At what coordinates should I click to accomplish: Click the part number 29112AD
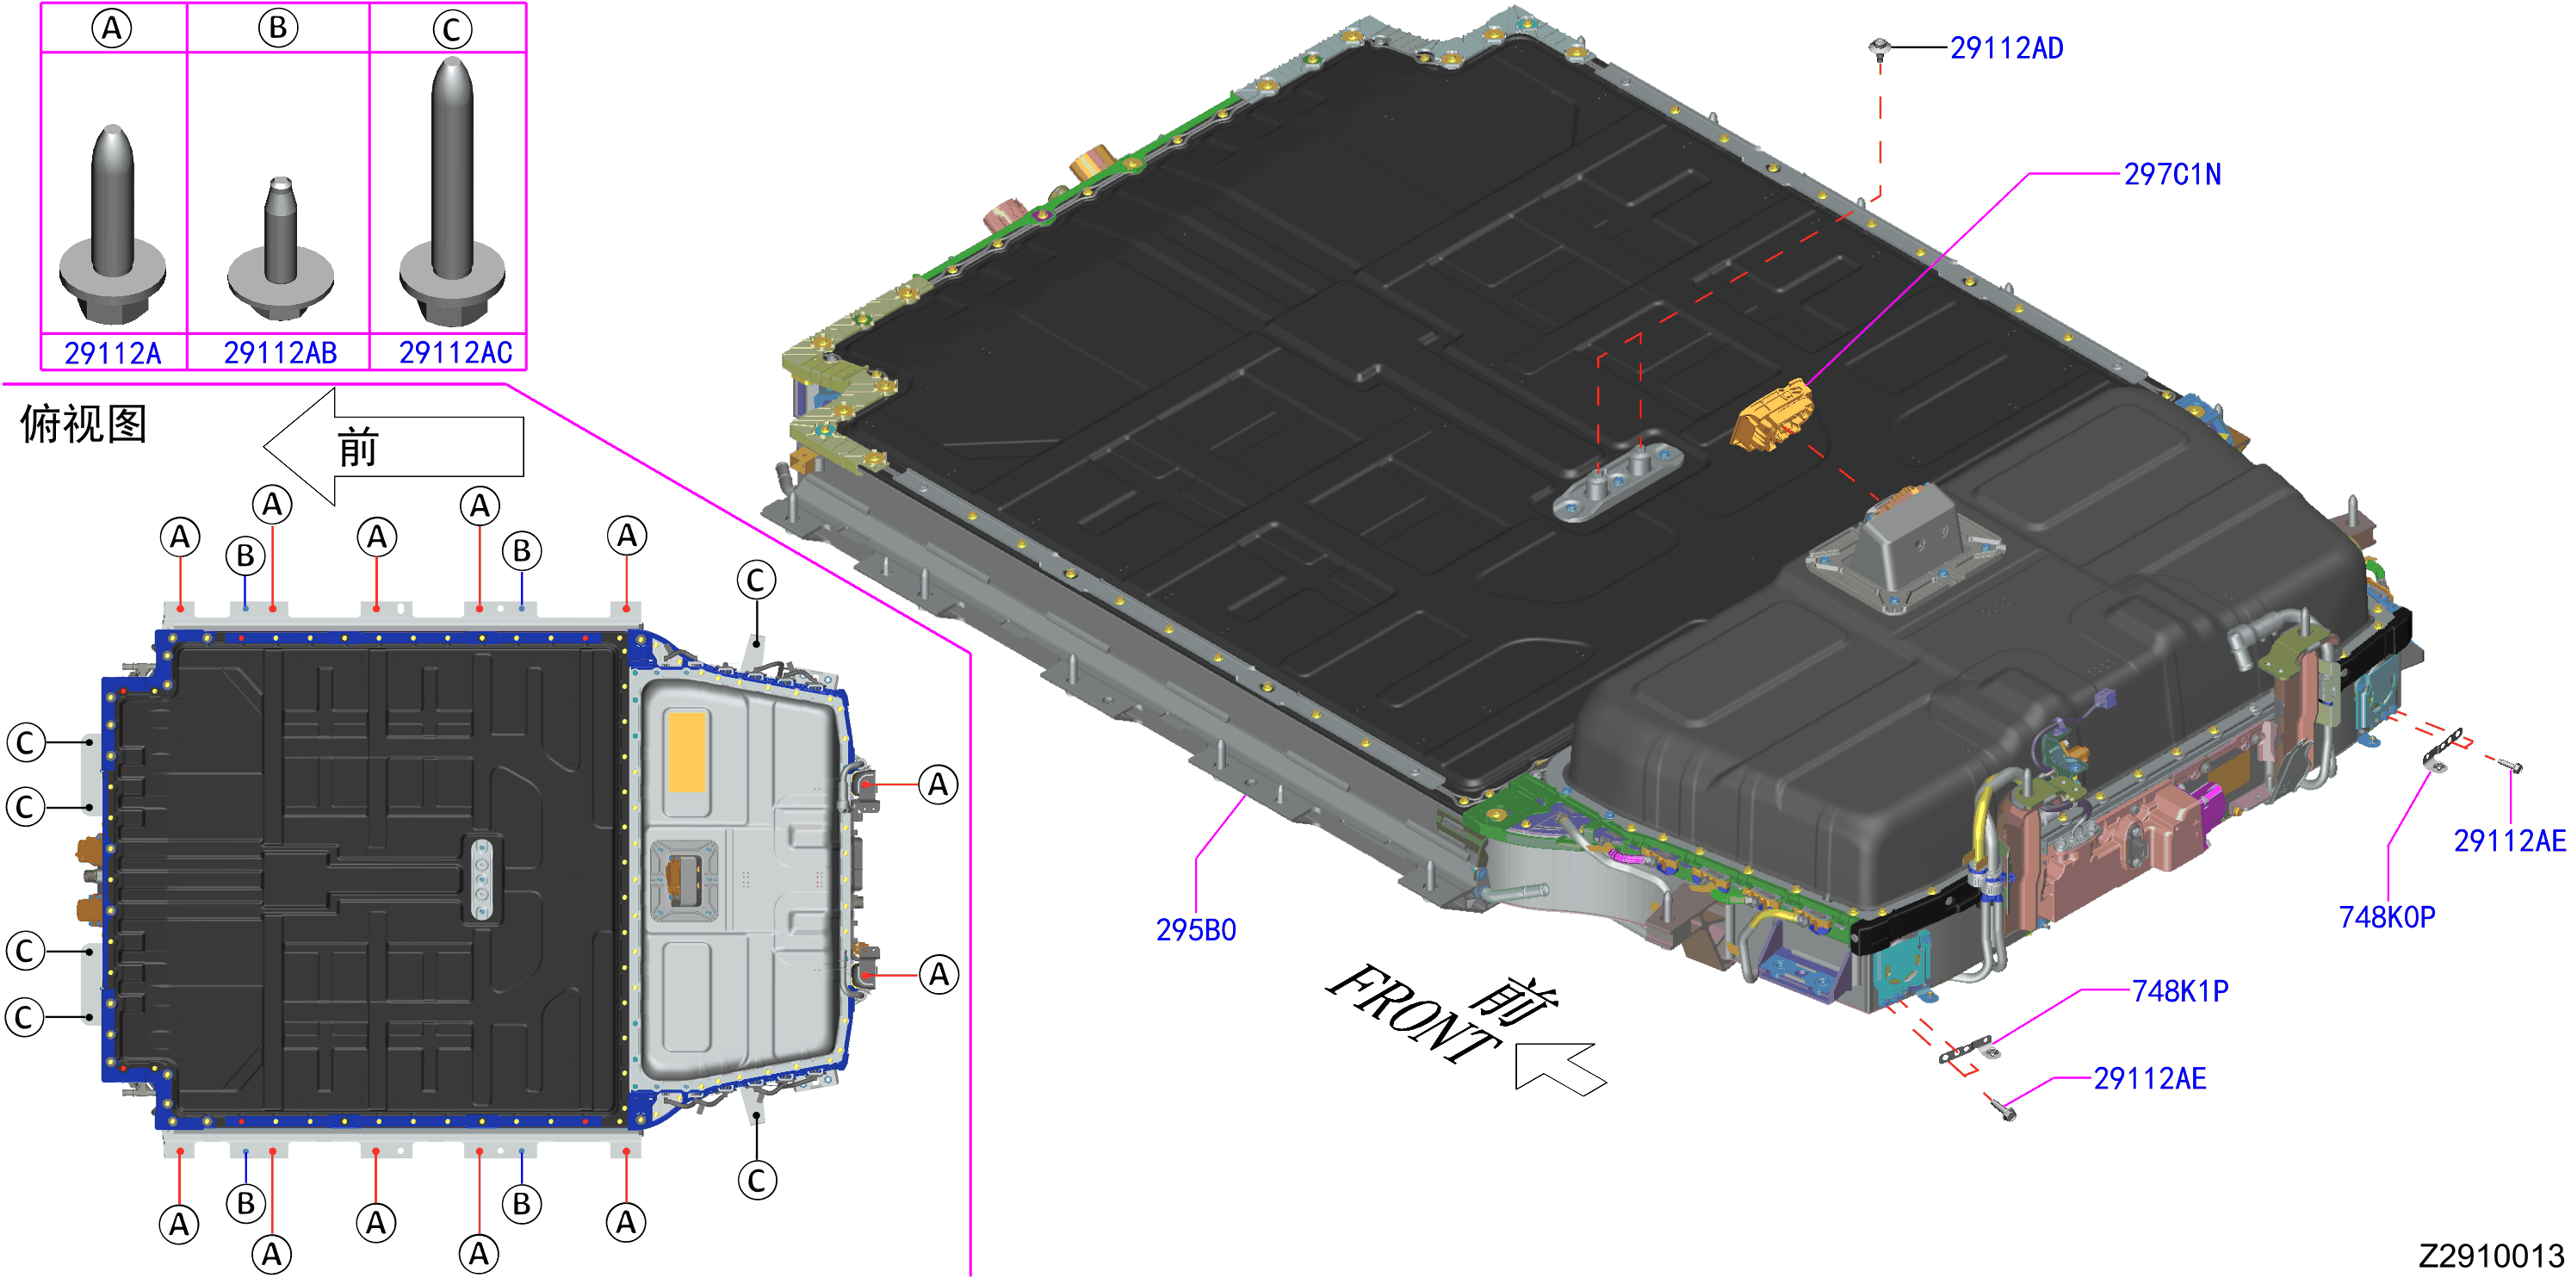(2006, 48)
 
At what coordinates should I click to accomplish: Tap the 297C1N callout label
(2171, 175)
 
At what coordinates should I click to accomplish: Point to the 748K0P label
(2387, 916)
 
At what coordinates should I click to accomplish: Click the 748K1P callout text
(2180, 991)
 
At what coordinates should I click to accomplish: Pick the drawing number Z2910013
(2491, 1256)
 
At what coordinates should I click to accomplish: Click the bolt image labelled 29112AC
(452, 189)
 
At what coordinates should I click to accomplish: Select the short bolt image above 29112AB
(281, 249)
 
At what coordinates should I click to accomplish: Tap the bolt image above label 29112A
(112, 224)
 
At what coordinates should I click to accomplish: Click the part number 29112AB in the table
(281, 352)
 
